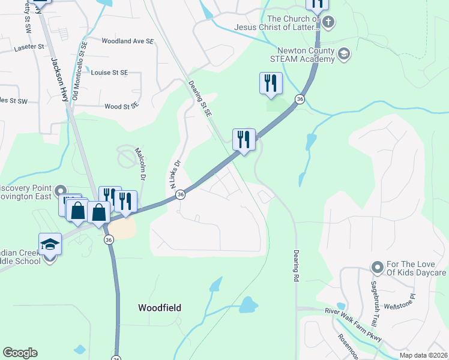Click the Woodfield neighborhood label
pos(159,308)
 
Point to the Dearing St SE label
pos(200,99)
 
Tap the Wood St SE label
pos(122,106)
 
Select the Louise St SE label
pos(110,73)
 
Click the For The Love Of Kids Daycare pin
pos(377,266)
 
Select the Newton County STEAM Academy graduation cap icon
pos(344,54)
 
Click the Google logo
pos(20,353)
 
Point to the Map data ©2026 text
pos(423,355)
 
